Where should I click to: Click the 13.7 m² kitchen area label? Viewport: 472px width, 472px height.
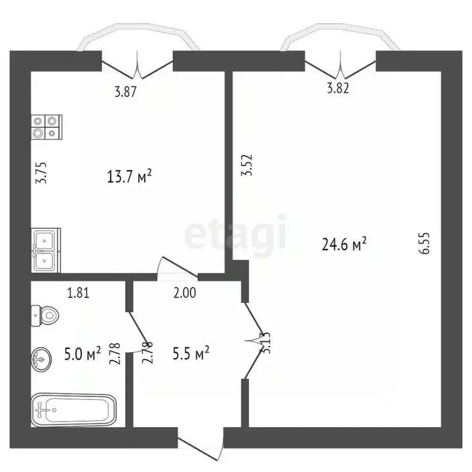[128, 178]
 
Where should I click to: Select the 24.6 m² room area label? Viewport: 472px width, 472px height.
[344, 245]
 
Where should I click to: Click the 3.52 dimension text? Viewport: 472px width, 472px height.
[247, 165]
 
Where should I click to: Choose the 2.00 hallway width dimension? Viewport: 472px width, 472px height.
[184, 293]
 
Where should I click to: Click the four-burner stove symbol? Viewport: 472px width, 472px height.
[46, 127]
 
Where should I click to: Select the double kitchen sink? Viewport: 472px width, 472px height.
[45, 250]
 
